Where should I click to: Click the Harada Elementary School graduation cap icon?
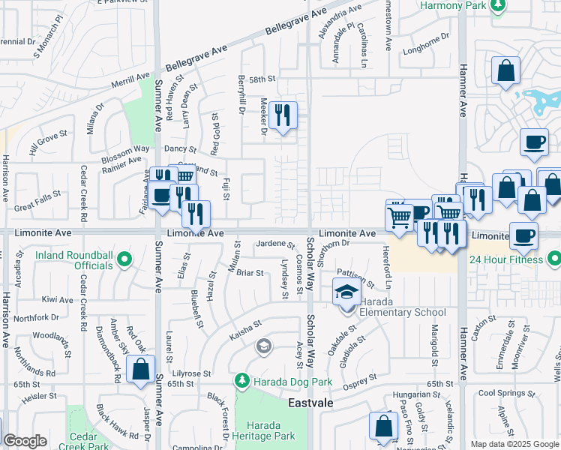pyautogui.click(x=346, y=291)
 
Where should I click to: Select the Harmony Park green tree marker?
pyautogui.click(x=497, y=5)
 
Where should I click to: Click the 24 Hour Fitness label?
pyautogui.click(x=505, y=260)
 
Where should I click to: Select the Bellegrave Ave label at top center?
pyautogui.click(x=298, y=23)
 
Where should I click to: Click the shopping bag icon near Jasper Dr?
pyautogui.click(x=141, y=369)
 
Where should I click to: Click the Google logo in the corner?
pyautogui.click(x=25, y=441)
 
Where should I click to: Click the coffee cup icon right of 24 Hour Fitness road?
pyautogui.click(x=523, y=235)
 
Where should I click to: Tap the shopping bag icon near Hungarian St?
pyautogui.click(x=384, y=426)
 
